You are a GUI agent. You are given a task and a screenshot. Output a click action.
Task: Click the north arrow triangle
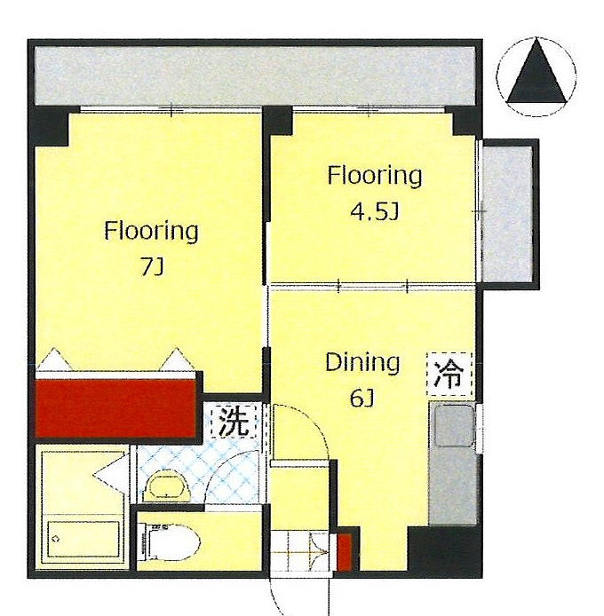(x=537, y=76)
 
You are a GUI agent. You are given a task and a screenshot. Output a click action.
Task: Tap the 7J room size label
(x=152, y=267)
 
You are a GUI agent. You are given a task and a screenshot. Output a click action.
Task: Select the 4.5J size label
(x=374, y=211)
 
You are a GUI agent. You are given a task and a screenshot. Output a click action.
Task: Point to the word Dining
(x=362, y=364)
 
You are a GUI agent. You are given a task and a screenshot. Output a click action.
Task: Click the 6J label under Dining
(x=362, y=399)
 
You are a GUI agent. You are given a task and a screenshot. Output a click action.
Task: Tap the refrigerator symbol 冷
(x=449, y=375)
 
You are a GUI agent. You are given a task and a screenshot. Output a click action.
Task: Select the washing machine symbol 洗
(x=234, y=421)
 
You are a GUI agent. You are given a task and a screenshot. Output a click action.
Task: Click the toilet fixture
(x=169, y=544)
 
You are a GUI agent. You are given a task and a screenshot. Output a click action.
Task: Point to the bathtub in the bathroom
(x=83, y=539)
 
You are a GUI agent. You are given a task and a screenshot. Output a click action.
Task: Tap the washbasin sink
(x=168, y=487)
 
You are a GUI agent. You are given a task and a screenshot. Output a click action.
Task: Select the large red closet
(x=115, y=407)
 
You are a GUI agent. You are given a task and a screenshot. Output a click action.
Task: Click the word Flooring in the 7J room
(x=151, y=232)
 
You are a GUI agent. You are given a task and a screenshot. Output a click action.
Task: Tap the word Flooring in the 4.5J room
(x=375, y=176)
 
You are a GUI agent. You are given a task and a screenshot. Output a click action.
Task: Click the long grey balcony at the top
(x=255, y=75)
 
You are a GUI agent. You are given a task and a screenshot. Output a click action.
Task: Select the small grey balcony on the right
(x=507, y=214)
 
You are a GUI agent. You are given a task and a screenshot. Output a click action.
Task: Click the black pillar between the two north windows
(x=278, y=121)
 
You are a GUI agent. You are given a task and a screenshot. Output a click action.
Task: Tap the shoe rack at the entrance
(x=300, y=551)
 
